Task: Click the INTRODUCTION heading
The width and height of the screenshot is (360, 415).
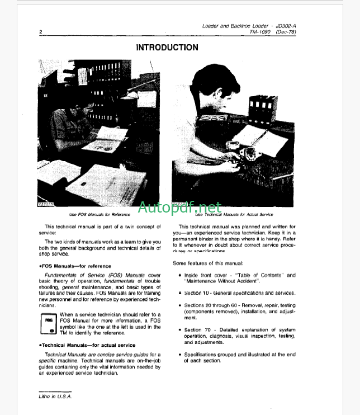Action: coord(167,48)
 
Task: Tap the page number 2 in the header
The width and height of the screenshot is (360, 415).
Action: coord(41,32)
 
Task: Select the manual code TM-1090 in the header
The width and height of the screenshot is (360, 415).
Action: coord(262,33)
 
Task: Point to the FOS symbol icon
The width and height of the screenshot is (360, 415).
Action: coord(49,324)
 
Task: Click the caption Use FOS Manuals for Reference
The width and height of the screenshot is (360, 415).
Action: coord(100,214)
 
